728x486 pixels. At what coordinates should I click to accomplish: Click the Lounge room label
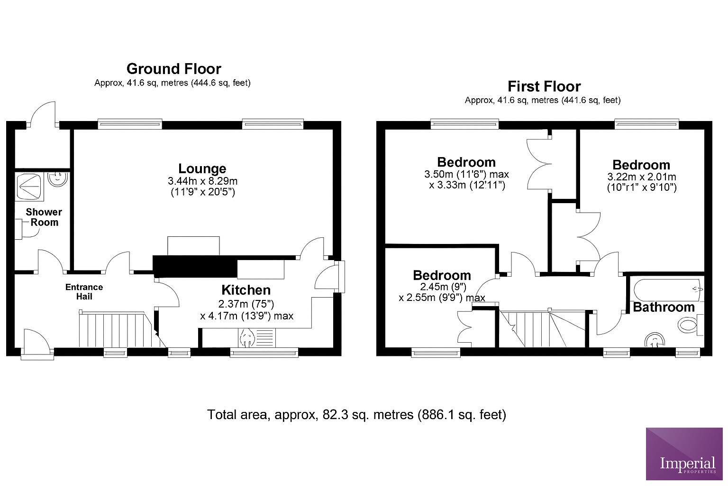pos(202,168)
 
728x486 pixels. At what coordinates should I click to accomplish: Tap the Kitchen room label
pos(246,290)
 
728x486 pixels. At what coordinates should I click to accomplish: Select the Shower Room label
pos(44,217)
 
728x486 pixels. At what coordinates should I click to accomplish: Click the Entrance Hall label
pos(84,291)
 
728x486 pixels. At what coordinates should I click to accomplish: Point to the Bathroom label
pos(664,307)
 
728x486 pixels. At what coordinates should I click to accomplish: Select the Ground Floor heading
pos(173,69)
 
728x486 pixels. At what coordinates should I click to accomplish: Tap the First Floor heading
pos(544,86)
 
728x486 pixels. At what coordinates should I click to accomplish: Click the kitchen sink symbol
pos(246,338)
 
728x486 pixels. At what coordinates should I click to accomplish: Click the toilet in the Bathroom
pos(689,327)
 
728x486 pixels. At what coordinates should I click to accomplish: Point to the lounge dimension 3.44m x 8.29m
pos(202,181)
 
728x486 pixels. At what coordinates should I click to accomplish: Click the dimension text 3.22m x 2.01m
pos(641,177)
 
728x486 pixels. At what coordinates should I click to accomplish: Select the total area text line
pos(356,415)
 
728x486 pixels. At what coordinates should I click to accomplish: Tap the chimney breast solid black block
pos(194,266)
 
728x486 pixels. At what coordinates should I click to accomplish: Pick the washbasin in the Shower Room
pos(59,179)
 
